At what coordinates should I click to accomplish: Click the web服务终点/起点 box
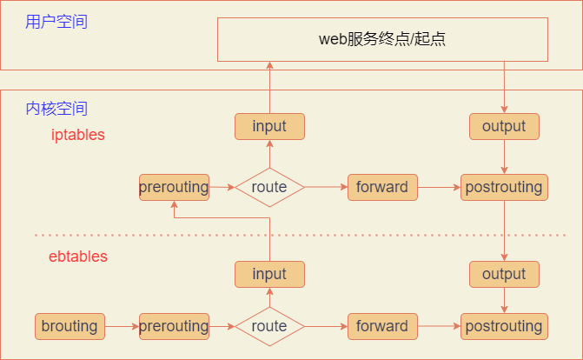point(382,39)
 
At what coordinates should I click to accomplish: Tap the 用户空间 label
point(56,22)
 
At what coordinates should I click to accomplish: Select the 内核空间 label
point(56,109)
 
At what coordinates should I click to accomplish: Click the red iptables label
point(78,135)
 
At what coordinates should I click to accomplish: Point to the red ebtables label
point(78,257)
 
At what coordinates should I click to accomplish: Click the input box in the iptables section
point(269,126)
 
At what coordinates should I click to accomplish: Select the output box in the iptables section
point(504,126)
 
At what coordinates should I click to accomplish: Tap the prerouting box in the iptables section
point(174,187)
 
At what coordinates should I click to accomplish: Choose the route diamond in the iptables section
point(269,187)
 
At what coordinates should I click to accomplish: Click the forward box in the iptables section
point(382,187)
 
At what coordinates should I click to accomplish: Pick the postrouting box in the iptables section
point(504,187)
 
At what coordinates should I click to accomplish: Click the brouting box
point(70,326)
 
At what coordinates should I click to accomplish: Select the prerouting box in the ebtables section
point(174,326)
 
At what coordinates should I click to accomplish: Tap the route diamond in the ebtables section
point(269,326)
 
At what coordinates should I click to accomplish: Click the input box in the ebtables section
point(269,274)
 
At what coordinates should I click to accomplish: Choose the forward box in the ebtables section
point(382,326)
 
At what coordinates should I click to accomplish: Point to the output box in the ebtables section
point(504,274)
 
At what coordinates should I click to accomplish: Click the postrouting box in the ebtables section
point(504,326)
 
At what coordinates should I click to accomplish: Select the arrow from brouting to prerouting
point(122,326)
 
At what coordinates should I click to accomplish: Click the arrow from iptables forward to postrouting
point(439,187)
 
